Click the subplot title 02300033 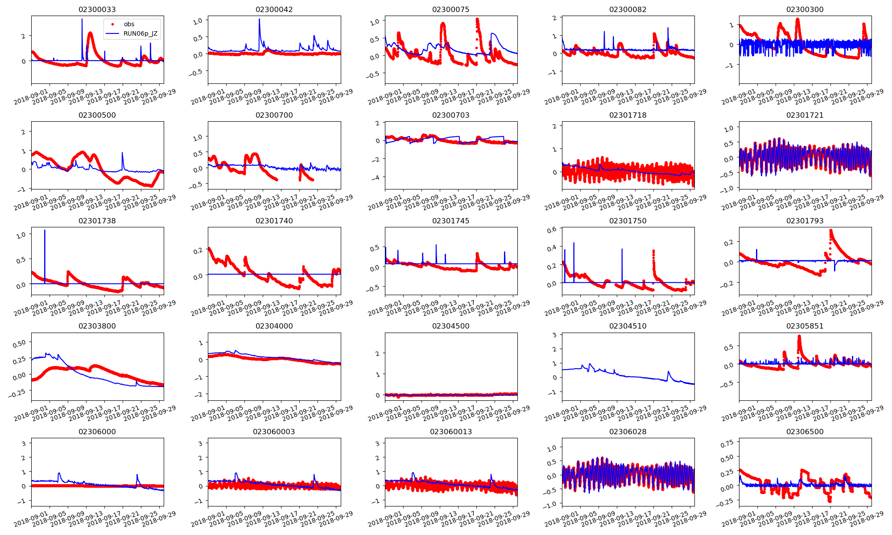97,9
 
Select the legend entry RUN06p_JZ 140,33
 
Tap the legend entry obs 129,24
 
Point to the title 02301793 805,221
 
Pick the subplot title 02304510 628,326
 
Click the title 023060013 450,432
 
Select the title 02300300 805,9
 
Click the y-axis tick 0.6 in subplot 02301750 552,230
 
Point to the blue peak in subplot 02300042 260,20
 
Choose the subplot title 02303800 97,326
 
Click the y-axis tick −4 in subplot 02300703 377,177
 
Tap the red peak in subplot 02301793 830,230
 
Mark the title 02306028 628,432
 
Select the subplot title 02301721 805,115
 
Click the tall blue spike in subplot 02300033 82,20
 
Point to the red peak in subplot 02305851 799,337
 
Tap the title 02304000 274,326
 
